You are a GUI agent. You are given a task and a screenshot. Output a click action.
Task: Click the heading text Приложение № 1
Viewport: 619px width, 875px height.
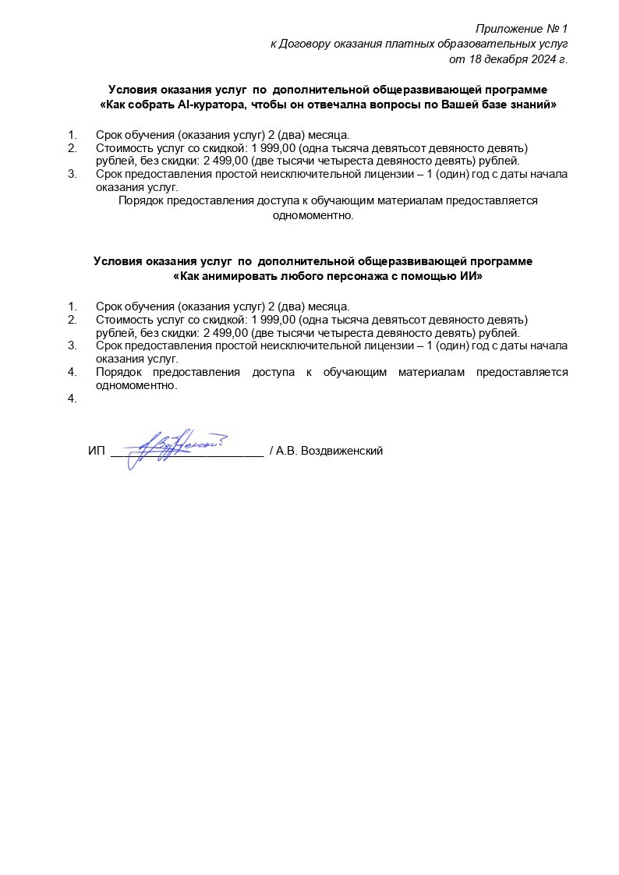(x=522, y=29)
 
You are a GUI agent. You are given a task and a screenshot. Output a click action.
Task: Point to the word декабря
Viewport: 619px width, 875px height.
(x=501, y=58)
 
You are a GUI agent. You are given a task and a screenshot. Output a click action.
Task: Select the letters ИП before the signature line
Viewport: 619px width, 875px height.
(x=97, y=452)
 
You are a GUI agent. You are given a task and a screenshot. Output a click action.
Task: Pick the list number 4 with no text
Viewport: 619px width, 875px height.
(x=73, y=399)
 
